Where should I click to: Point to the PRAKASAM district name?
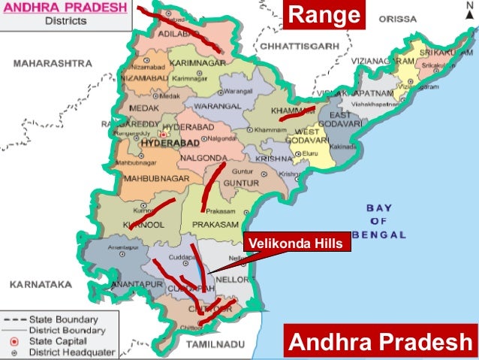coord(215,224)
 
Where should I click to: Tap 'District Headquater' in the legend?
coord(72,352)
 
